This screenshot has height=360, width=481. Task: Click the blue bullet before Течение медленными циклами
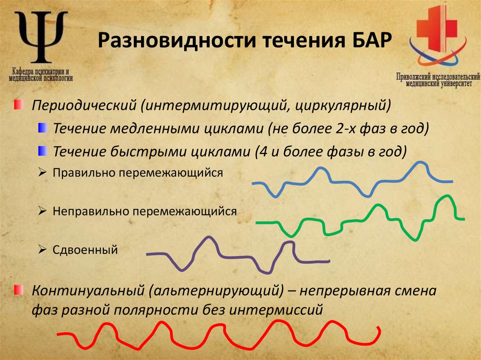43,127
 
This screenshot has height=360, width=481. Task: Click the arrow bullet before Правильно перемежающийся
42,173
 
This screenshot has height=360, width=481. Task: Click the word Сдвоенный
85,250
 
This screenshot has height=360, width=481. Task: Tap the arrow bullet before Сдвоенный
42,249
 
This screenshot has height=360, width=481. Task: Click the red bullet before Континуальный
17,290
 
